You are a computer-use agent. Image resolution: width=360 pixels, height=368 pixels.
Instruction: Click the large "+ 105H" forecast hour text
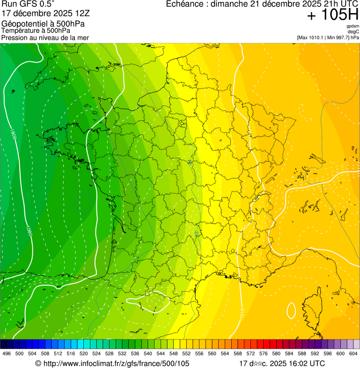tap(333, 15)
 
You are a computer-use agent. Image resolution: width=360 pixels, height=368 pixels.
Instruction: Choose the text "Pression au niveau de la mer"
tap(45, 37)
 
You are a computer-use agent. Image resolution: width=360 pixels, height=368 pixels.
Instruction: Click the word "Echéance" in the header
tap(186, 4)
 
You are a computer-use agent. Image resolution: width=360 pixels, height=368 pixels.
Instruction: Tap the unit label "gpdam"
tap(353, 26)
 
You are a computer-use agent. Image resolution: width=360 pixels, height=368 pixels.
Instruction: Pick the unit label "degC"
tap(353, 31)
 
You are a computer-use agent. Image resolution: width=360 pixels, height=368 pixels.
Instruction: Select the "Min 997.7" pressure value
tap(338, 37)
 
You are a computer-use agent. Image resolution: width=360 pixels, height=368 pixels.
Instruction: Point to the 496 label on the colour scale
tap(7, 353)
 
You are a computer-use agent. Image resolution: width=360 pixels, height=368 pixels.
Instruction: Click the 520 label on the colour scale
tap(84, 353)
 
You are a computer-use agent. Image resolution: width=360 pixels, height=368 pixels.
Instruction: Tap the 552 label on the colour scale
tap(186, 353)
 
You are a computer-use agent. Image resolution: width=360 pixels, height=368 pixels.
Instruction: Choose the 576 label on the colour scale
tap(264, 353)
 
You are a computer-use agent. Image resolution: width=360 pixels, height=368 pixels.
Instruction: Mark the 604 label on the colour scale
tap(353, 353)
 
